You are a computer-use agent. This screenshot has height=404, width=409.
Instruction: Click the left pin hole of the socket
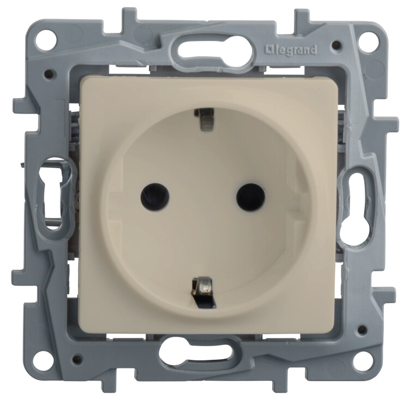pyautogui.click(x=155, y=197)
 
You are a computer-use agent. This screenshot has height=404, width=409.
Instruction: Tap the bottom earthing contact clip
pyautogui.click(x=203, y=291)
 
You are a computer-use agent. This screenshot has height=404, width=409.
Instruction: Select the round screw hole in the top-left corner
pyautogui.click(x=44, y=39)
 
